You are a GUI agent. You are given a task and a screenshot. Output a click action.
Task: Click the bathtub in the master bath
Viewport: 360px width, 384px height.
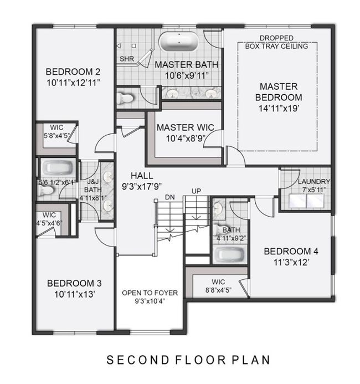178,42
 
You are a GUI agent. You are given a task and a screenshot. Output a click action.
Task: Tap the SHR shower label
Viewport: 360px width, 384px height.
127,59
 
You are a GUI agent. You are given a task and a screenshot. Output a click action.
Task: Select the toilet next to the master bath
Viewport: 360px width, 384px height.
125,98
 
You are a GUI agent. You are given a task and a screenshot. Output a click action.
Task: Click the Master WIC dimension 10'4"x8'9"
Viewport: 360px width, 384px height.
186,139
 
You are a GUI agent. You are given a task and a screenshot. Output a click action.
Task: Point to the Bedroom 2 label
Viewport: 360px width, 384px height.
73,71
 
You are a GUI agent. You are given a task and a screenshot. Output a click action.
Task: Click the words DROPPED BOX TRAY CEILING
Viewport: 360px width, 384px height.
276,42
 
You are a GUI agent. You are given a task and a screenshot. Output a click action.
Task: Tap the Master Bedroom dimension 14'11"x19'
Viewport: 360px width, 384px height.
279,108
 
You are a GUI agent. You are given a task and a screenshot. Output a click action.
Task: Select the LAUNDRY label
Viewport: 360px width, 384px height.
314,181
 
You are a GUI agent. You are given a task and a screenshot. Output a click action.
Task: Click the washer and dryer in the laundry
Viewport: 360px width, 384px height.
306,201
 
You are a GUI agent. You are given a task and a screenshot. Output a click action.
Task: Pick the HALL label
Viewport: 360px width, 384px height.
142,176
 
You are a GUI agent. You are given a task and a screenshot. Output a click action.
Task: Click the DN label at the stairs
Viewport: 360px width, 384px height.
170,197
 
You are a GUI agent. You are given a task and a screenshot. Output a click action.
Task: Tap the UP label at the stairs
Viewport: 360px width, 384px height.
196,191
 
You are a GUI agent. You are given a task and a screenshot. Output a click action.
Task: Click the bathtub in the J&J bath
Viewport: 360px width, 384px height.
58,168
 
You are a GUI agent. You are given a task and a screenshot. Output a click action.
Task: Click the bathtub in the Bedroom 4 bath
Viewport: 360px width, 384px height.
229,255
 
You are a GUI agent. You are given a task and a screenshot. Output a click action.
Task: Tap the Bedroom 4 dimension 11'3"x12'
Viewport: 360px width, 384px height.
291,263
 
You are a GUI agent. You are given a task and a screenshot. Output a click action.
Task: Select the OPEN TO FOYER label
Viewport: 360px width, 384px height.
150,293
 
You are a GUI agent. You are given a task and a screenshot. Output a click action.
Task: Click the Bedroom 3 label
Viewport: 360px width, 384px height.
74,283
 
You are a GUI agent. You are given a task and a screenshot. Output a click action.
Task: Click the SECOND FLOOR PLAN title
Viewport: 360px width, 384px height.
188,360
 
